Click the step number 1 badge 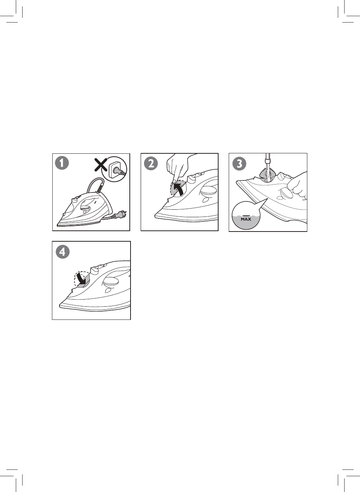(62, 163)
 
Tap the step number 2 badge (151, 163)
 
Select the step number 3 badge (239, 163)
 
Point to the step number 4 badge (63, 252)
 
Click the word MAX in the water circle (246, 219)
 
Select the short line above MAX (246, 216)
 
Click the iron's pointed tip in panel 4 (60, 306)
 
